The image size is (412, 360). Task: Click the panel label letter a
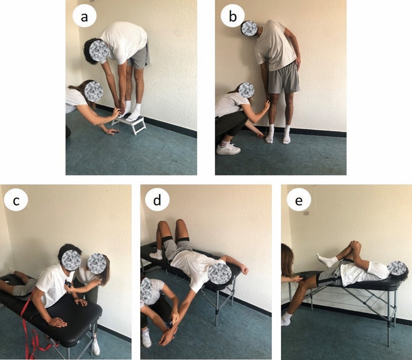coord(84,17)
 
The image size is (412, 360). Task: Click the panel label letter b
coord(232,17)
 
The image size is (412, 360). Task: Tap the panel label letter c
coord(16,201)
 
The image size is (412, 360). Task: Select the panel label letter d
coord(157,200)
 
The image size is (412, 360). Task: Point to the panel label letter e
coord(299,201)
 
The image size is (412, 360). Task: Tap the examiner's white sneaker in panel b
coord(228,149)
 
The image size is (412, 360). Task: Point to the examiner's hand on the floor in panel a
coord(112,131)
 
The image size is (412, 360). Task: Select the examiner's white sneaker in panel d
coord(146,335)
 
